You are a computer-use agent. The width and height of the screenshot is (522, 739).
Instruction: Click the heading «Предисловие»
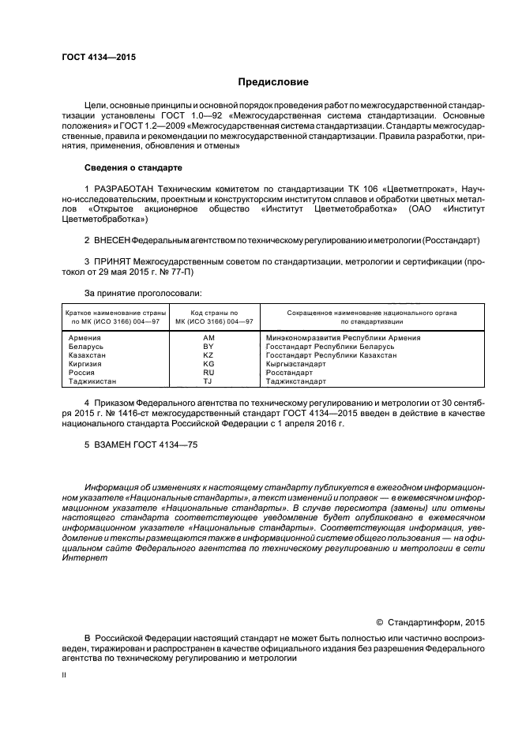tap(273, 82)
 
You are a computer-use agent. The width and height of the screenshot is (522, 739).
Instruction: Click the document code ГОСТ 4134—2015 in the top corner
tap(93, 57)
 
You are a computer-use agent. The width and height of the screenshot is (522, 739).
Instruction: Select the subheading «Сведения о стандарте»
tap(133, 168)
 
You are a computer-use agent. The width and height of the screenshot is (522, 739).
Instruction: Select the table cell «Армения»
tap(85, 338)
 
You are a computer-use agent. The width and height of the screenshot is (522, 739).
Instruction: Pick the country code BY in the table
tap(208, 347)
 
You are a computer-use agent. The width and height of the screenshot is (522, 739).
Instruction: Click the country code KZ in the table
tap(208, 355)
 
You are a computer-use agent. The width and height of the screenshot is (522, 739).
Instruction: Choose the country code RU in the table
tap(208, 373)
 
